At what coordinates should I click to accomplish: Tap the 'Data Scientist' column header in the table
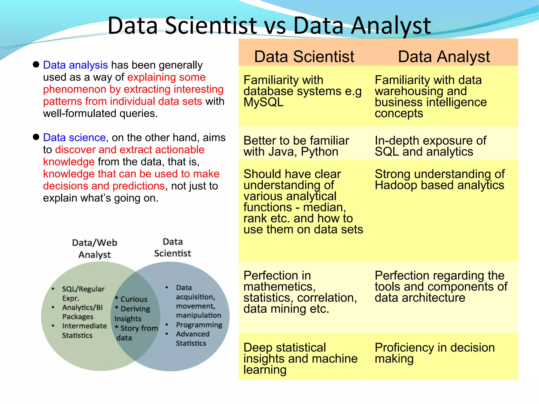304,56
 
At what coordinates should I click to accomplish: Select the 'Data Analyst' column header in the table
444,56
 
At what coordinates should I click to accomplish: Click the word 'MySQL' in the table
263,102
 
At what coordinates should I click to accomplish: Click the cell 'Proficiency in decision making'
435,353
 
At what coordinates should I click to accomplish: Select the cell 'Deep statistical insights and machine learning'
300,358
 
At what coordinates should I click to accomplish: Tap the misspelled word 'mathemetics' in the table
279,287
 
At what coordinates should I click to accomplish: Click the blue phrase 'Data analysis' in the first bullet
75,65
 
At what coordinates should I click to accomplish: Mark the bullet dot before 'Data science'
36,137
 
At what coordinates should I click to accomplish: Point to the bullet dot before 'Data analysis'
36,64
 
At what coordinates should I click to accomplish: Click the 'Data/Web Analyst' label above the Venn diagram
94,248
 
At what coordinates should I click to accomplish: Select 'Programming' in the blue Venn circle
199,325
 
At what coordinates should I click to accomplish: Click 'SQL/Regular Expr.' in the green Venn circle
83,293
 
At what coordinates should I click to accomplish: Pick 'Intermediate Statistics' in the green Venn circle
84,331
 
